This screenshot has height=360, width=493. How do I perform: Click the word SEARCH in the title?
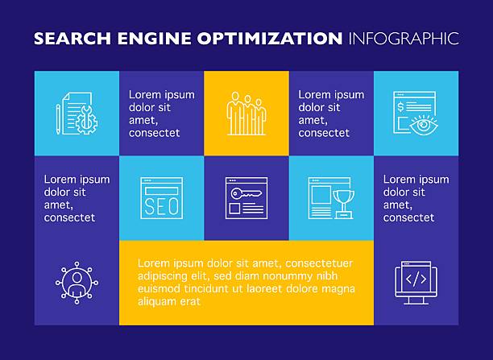[x=72, y=39]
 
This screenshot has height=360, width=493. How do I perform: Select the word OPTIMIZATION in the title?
[x=270, y=39]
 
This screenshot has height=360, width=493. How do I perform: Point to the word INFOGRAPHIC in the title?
[x=404, y=39]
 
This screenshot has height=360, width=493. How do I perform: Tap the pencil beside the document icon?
[x=58, y=119]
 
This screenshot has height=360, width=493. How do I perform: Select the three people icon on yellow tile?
[x=246, y=114]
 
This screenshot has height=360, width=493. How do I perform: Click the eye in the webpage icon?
[x=424, y=125]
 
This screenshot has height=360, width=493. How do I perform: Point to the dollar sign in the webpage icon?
[x=400, y=107]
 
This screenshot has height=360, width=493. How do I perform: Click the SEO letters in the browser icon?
[x=161, y=206]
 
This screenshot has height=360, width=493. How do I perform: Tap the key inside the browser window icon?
[x=246, y=193]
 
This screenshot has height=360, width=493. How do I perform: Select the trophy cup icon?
[x=344, y=204]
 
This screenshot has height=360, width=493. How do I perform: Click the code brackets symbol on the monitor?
[x=416, y=279]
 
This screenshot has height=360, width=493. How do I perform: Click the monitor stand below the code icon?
[x=416, y=301]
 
